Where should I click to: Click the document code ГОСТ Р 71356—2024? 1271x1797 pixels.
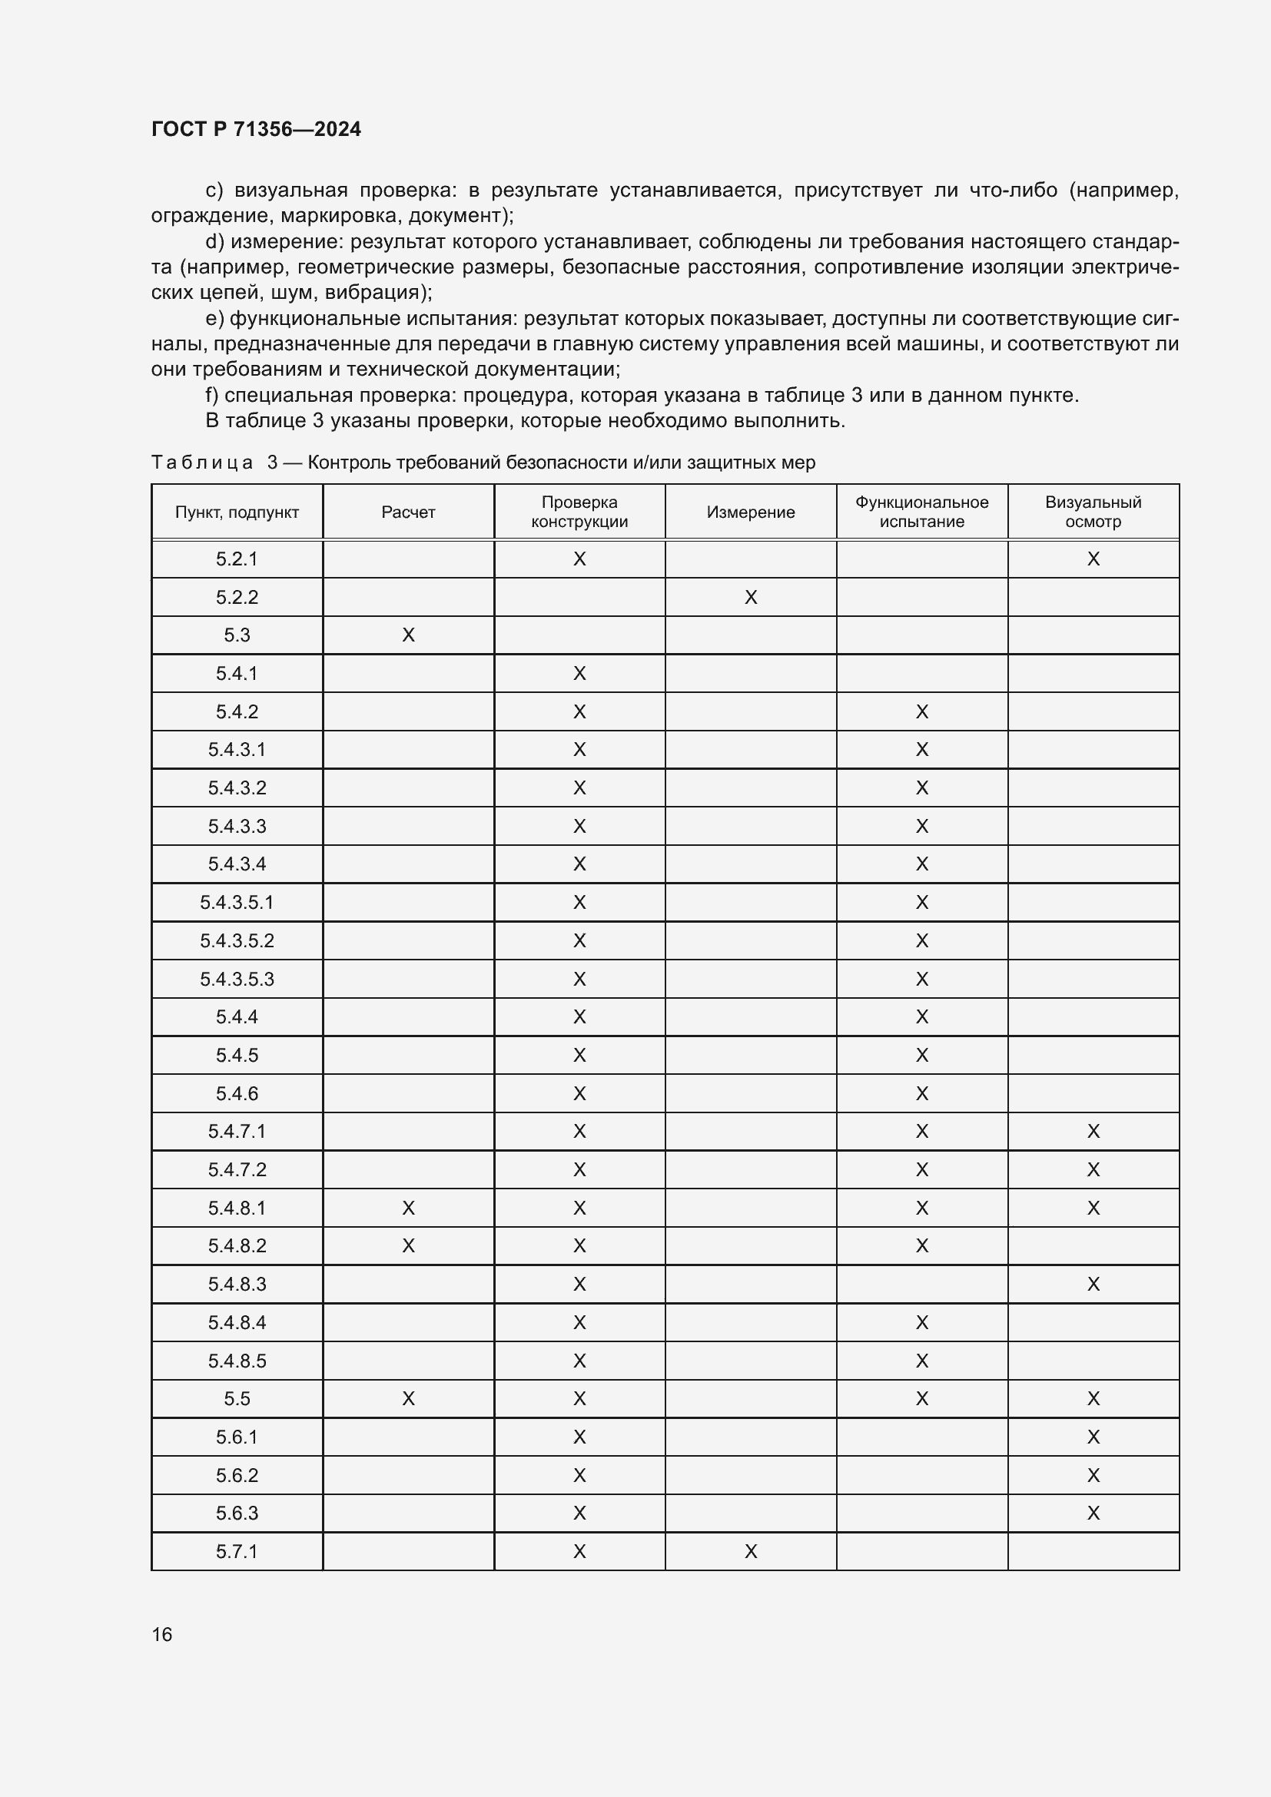256,129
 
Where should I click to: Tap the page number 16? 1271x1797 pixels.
162,1634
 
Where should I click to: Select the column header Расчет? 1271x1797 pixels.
408,512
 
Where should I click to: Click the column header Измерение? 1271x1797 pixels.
751,512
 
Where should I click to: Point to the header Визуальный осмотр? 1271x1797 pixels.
1093,512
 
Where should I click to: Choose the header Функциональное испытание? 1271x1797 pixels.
921,512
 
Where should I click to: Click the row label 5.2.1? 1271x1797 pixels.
237,559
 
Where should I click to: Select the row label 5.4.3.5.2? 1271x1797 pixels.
237,941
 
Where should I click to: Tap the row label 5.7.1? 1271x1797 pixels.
237,1551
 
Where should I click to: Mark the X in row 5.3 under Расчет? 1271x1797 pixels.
408,635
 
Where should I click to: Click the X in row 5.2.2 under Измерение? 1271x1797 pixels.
751,597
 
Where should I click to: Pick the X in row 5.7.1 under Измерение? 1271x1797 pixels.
751,1551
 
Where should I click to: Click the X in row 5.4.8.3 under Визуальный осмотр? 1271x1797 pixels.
1093,1285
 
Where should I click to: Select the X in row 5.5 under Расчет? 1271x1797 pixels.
408,1398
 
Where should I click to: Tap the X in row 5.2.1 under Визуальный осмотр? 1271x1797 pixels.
1093,559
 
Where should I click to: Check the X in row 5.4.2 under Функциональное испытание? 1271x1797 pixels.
921,711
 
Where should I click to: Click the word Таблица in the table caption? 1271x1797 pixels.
202,463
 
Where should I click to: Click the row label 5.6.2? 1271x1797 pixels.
237,1475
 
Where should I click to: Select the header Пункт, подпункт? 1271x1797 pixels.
237,512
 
